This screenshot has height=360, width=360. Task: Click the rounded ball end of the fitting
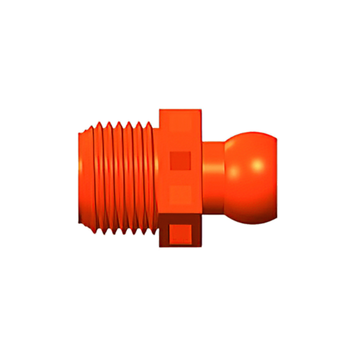pyautogui.click(x=252, y=176)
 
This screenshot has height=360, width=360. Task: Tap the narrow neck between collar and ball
pyautogui.click(x=214, y=176)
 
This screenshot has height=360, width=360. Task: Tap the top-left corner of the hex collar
pyautogui.click(x=159, y=109)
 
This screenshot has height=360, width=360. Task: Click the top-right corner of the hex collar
pyautogui.click(x=202, y=109)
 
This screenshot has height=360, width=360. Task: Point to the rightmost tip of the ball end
pyautogui.click(x=279, y=176)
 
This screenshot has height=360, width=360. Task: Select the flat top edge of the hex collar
pyautogui.click(x=181, y=109)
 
